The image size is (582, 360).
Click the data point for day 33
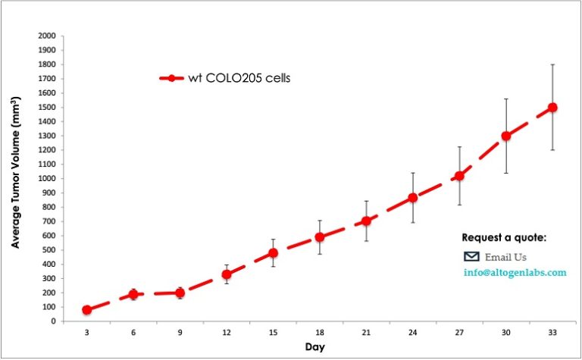point(552,108)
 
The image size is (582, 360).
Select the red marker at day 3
point(87,310)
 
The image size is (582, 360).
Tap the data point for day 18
point(320,237)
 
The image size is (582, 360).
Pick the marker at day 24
point(413,198)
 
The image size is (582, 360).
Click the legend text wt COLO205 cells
point(239,77)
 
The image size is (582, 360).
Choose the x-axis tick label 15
point(273,331)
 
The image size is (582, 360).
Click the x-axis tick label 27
point(459,331)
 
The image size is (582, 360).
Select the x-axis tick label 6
point(133,331)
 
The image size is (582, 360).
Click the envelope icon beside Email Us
point(471,256)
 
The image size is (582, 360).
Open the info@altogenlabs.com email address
point(515,272)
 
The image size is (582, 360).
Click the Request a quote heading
point(504,238)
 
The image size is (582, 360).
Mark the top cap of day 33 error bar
point(552,64)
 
